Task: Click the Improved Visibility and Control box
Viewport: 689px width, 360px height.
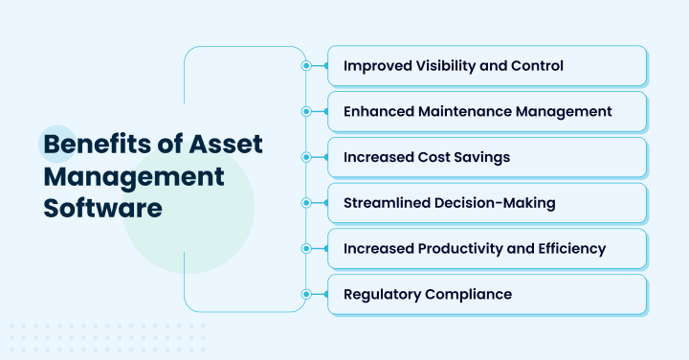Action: pos(487,66)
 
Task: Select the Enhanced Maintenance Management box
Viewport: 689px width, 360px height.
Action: pos(487,111)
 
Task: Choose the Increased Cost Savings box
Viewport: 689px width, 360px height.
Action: pos(487,157)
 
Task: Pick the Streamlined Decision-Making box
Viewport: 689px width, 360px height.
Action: pos(487,203)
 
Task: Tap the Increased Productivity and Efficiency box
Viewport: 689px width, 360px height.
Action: pos(487,248)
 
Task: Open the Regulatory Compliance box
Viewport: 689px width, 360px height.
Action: pos(487,294)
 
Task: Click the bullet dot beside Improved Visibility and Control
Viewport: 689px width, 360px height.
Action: pos(306,66)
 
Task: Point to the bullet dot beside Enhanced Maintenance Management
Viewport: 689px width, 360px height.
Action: pos(306,111)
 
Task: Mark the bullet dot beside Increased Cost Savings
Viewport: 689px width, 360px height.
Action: pos(306,157)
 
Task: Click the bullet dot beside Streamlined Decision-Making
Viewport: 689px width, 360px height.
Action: pos(306,203)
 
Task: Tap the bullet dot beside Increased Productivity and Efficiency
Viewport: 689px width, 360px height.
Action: pos(306,248)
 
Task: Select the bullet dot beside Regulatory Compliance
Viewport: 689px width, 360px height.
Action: pos(306,294)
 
